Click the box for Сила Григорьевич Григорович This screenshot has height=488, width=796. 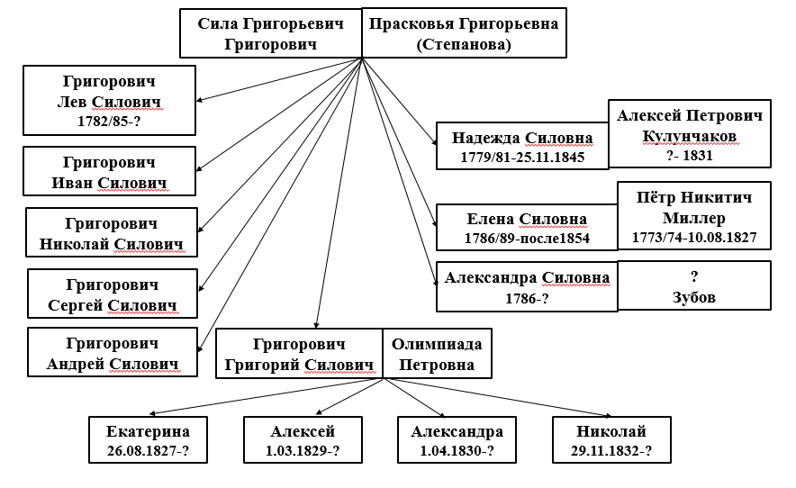point(270,33)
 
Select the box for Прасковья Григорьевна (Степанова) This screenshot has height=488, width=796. point(464,33)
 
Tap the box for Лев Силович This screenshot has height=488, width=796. point(109,100)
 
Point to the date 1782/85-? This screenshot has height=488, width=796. point(109,122)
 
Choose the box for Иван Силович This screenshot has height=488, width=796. point(109,171)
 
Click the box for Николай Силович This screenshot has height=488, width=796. point(112,232)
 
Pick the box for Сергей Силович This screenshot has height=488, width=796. point(113,294)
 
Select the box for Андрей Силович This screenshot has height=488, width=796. point(113,352)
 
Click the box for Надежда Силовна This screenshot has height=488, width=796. point(522,146)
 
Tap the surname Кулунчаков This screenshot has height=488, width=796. point(690,136)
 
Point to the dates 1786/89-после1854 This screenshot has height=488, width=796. point(527,239)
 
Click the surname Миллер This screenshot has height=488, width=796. point(694,218)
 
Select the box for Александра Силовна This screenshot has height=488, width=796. point(527,286)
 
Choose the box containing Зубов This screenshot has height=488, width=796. point(694,285)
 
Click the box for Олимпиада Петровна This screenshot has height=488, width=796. point(437,354)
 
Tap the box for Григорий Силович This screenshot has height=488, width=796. point(299,354)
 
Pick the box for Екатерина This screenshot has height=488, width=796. point(149,439)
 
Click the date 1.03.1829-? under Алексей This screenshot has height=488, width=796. point(303,450)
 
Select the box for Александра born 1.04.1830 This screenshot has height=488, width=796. point(457,439)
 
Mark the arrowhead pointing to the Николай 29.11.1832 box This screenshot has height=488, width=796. point(608,416)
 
